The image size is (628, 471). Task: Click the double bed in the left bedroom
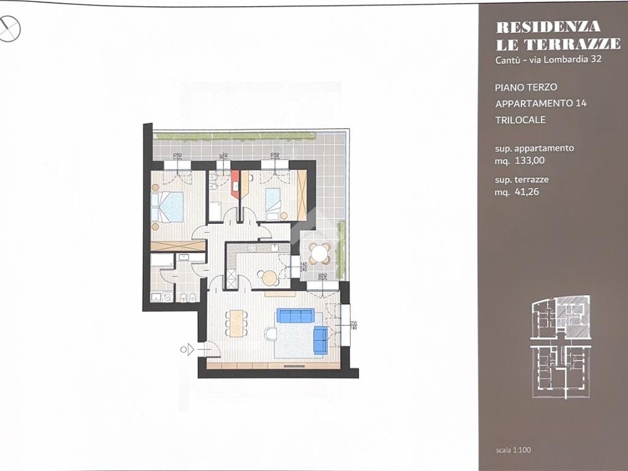tap(168, 207)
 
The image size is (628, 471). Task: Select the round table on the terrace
tap(319, 252)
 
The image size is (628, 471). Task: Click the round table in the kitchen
tap(269, 278)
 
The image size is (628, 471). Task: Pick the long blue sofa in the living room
tap(295, 315)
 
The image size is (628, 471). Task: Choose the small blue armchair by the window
tap(320, 340)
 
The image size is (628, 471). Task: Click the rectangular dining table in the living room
tap(236, 323)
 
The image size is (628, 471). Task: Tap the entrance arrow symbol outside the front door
tap(190, 350)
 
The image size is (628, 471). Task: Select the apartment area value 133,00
tap(519, 161)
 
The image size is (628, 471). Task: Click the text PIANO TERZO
tap(526, 88)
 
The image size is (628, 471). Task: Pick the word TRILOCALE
tap(520, 120)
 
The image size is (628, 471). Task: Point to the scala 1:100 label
tap(513, 450)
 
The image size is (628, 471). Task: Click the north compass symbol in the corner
tap(10, 28)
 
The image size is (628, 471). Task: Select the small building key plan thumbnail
tap(561, 347)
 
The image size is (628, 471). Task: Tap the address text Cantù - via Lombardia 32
tap(548, 59)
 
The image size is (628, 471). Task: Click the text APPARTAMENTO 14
tap(540, 103)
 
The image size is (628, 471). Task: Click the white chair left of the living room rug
tap(270, 334)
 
